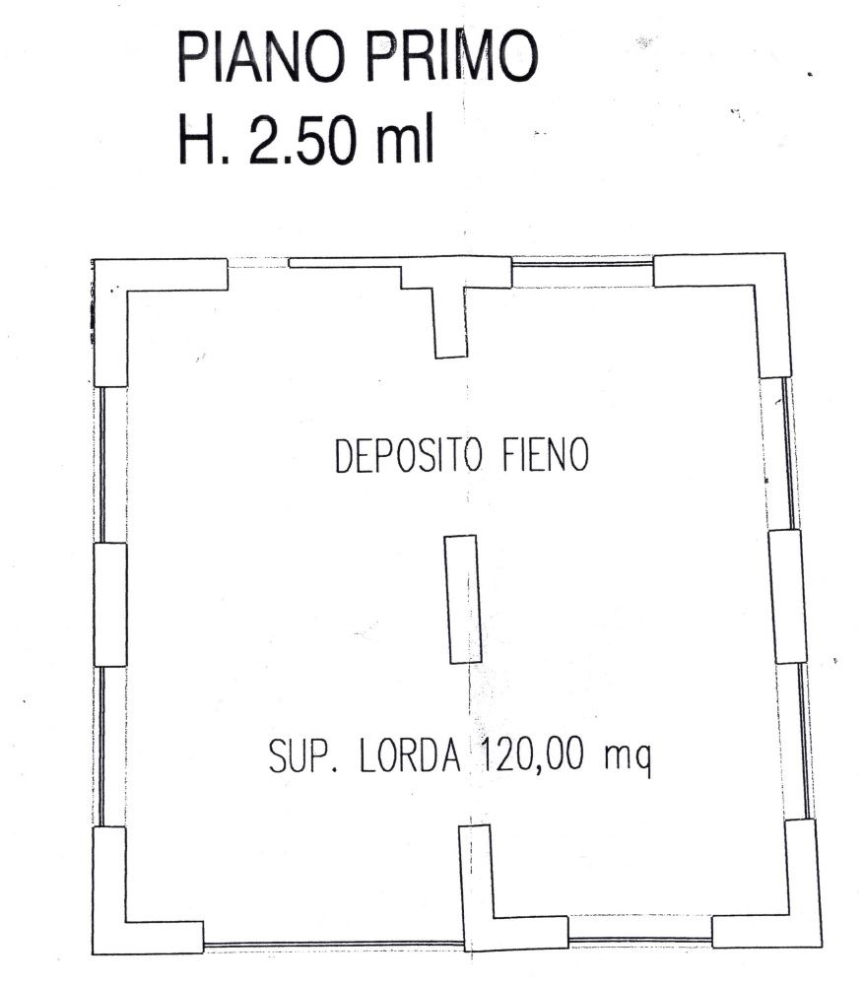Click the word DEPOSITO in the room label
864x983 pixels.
[409, 456]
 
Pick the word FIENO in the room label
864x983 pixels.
[546, 454]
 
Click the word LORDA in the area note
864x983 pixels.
[411, 755]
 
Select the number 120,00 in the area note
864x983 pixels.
[532, 754]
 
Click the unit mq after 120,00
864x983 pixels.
[628, 759]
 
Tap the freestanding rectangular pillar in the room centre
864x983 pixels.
[463, 599]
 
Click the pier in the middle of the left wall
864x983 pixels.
[109, 605]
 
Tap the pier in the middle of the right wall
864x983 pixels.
[787, 596]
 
